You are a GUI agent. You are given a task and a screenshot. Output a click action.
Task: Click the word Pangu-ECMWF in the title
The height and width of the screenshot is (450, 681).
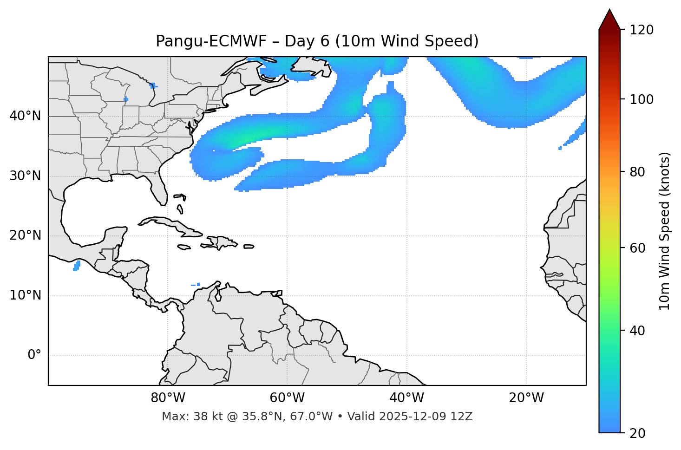(x=211, y=41)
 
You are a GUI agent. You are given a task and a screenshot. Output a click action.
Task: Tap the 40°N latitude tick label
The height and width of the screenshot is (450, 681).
(x=25, y=116)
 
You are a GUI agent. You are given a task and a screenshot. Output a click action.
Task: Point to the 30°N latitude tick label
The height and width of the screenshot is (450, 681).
(x=25, y=176)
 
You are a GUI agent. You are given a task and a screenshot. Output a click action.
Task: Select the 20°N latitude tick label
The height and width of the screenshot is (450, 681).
(x=25, y=235)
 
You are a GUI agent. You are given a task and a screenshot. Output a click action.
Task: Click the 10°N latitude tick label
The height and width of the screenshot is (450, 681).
(x=25, y=295)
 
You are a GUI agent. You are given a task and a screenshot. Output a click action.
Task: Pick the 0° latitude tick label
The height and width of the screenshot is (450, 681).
(x=34, y=355)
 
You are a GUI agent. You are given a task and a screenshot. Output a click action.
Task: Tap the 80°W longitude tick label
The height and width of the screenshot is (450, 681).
(x=168, y=398)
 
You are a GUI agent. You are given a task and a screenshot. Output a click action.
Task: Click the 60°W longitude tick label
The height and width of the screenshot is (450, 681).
(x=287, y=398)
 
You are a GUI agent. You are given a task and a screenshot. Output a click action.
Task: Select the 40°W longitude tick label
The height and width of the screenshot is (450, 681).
(x=406, y=398)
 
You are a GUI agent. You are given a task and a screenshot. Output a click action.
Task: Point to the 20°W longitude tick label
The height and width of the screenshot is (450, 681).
(x=526, y=398)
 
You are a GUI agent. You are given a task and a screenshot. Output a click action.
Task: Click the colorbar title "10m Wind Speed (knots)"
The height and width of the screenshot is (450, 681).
(x=665, y=231)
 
